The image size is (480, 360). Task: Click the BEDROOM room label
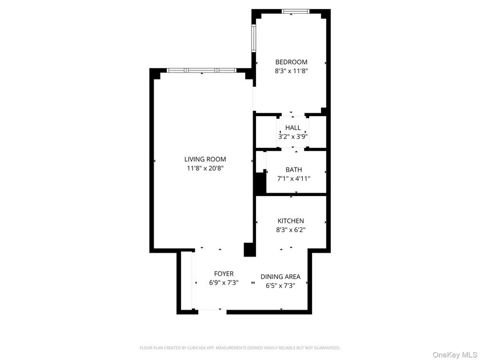pyautogui.click(x=291, y=62)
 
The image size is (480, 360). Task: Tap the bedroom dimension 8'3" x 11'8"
pyautogui.click(x=291, y=72)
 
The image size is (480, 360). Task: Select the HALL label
pyautogui.click(x=293, y=127)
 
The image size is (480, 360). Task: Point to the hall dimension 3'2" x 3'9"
pyautogui.click(x=293, y=137)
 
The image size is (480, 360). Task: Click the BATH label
pyautogui.click(x=294, y=170)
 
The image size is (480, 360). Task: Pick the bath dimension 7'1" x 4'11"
pyautogui.click(x=294, y=179)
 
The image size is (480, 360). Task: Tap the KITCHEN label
pyautogui.click(x=291, y=221)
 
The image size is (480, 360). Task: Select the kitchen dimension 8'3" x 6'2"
pyautogui.click(x=291, y=230)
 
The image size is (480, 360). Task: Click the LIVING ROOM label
pyautogui.click(x=205, y=159)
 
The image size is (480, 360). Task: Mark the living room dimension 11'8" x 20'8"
pyautogui.click(x=205, y=169)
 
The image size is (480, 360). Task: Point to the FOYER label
pyautogui.click(x=224, y=274)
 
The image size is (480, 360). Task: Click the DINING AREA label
pyautogui.click(x=281, y=277)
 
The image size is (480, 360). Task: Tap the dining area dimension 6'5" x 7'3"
pyautogui.click(x=281, y=286)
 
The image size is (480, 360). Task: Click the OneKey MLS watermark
pyautogui.click(x=454, y=354)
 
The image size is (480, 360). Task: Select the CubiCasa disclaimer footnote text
pyautogui.click(x=240, y=347)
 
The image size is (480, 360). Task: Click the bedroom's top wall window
pyautogui.click(x=296, y=11)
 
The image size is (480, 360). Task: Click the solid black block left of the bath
pyautogui.click(x=260, y=183)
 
